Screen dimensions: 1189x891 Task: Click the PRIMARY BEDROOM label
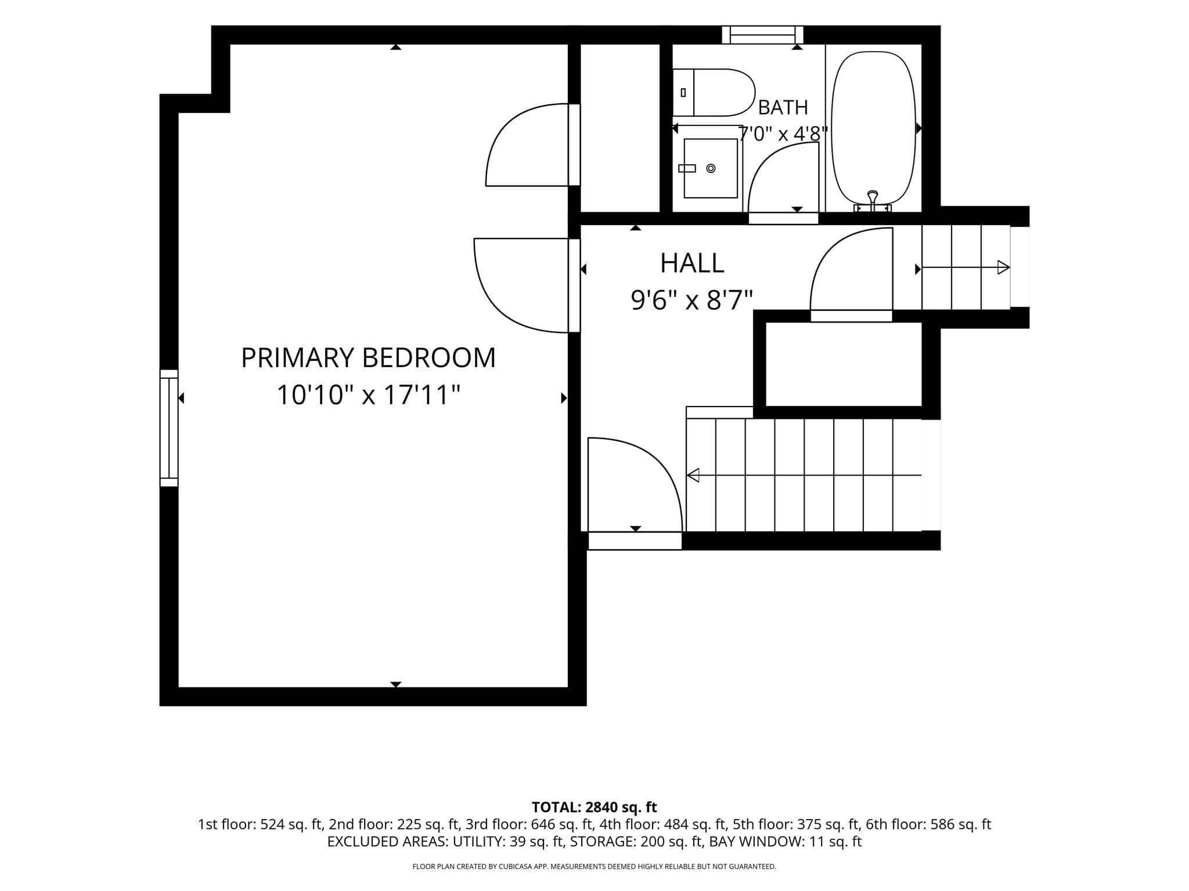[368, 357]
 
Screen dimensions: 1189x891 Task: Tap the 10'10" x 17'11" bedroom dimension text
[368, 395]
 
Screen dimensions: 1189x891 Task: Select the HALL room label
[692, 263]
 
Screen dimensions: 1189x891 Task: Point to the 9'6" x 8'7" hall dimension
[692, 300]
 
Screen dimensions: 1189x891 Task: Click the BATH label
[783, 107]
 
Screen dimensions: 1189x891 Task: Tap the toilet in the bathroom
[713, 93]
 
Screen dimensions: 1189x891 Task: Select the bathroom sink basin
[711, 168]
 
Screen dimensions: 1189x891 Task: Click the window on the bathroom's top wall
[762, 35]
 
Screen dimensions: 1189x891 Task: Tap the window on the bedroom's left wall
[169, 428]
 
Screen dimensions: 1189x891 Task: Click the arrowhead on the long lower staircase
[693, 475]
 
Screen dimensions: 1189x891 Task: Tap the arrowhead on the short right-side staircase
[1004, 267]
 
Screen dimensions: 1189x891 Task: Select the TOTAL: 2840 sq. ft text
[594, 807]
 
